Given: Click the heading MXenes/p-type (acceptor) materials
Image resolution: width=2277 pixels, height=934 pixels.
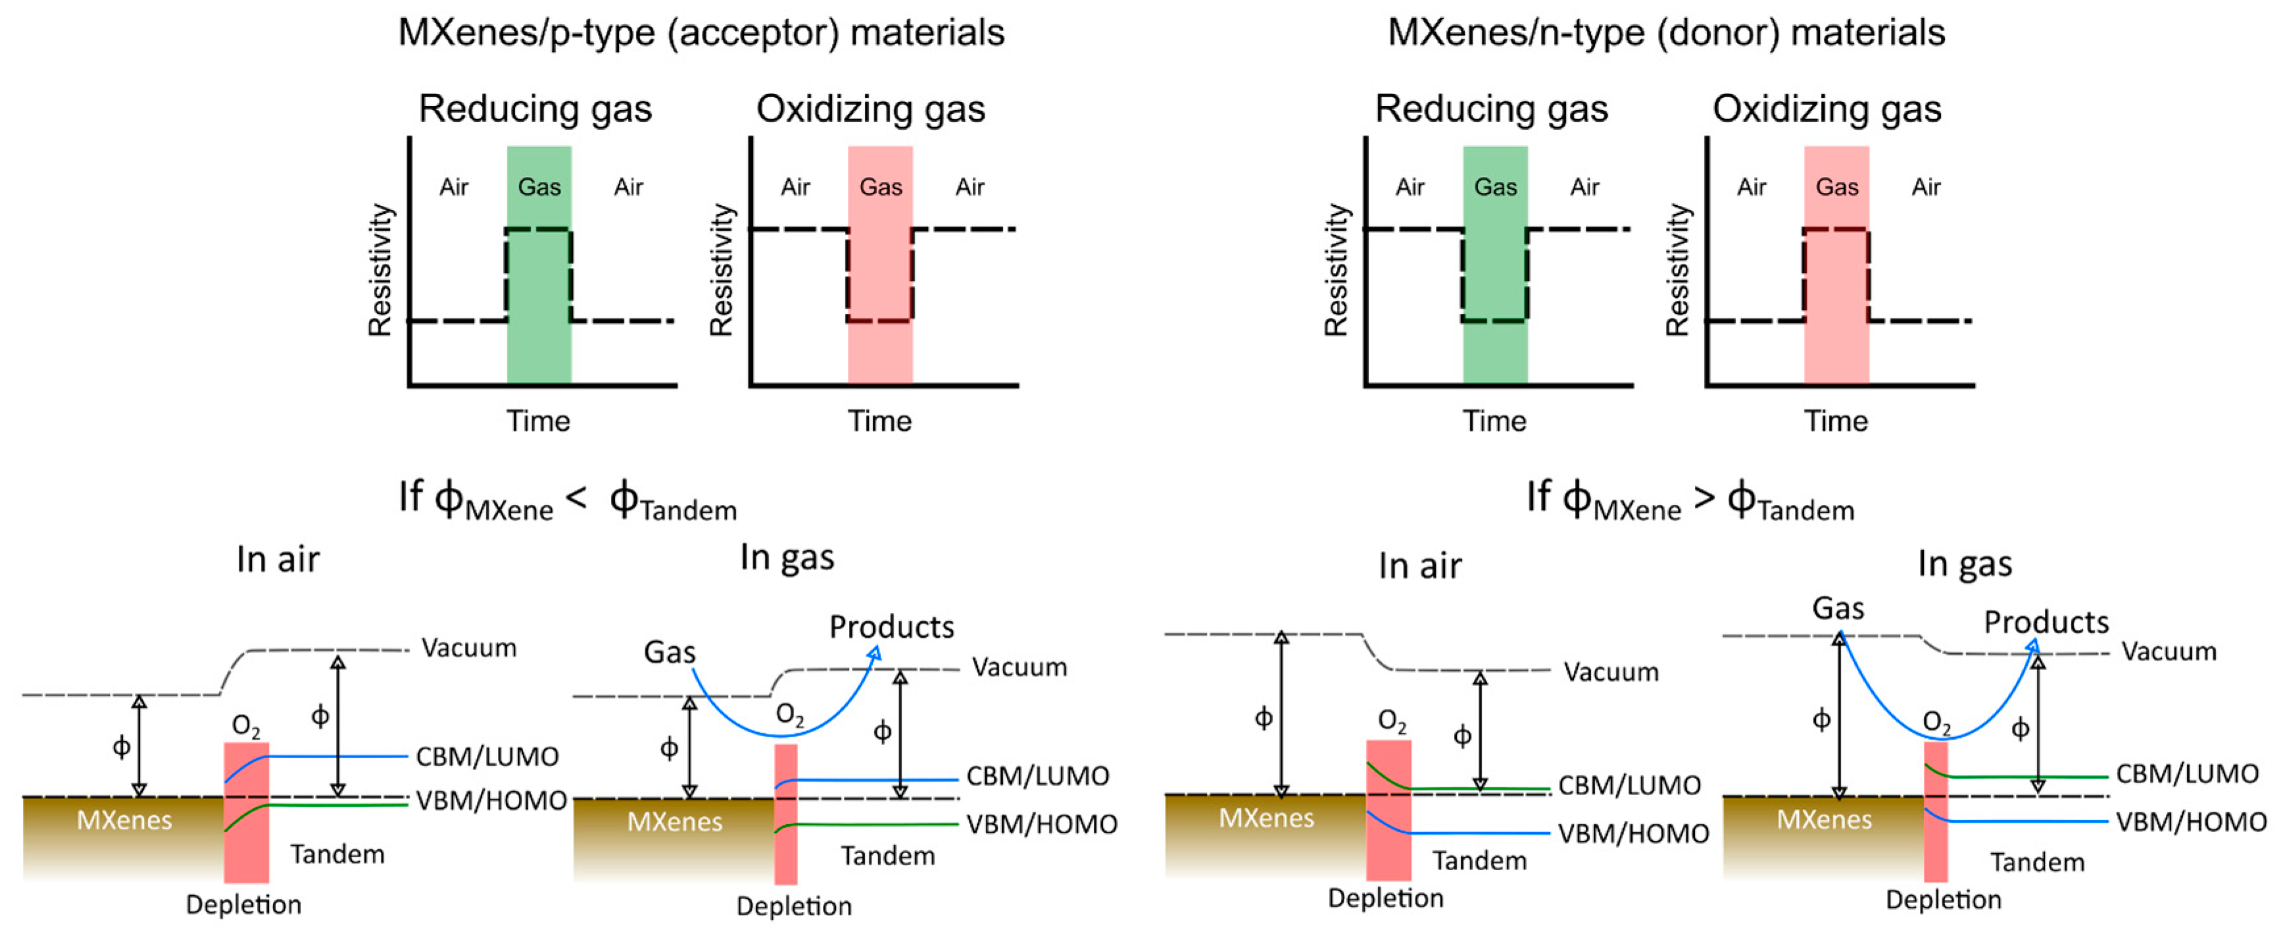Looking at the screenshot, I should [x=701, y=34].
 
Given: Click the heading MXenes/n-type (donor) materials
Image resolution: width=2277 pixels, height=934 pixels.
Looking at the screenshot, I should [x=1666, y=34].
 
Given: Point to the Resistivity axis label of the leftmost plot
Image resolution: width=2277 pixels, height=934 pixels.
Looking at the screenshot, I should [x=379, y=270].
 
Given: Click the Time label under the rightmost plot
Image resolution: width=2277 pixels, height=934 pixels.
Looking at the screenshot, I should [x=1836, y=421].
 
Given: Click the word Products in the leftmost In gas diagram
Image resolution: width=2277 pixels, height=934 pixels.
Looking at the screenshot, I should [x=891, y=627].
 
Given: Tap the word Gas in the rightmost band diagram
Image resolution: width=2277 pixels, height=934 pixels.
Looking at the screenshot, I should [x=1838, y=608].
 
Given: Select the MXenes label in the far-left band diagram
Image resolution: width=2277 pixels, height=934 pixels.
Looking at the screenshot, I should [x=124, y=821].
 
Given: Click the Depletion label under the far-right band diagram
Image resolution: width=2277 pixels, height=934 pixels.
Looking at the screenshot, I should [x=1943, y=900].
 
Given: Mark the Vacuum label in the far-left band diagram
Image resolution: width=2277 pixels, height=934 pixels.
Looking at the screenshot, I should [x=468, y=648].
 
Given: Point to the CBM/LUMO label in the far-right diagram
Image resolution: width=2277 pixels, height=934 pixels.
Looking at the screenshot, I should [x=2187, y=774].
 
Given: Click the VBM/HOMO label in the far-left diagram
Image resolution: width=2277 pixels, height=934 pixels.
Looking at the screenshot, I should [x=491, y=800].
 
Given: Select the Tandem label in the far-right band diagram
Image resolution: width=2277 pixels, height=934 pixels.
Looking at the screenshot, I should [x=2036, y=862].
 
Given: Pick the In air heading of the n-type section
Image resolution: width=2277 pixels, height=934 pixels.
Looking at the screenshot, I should [x=1419, y=566].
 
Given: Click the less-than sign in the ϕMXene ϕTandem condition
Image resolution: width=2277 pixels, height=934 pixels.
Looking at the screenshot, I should [x=576, y=498].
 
